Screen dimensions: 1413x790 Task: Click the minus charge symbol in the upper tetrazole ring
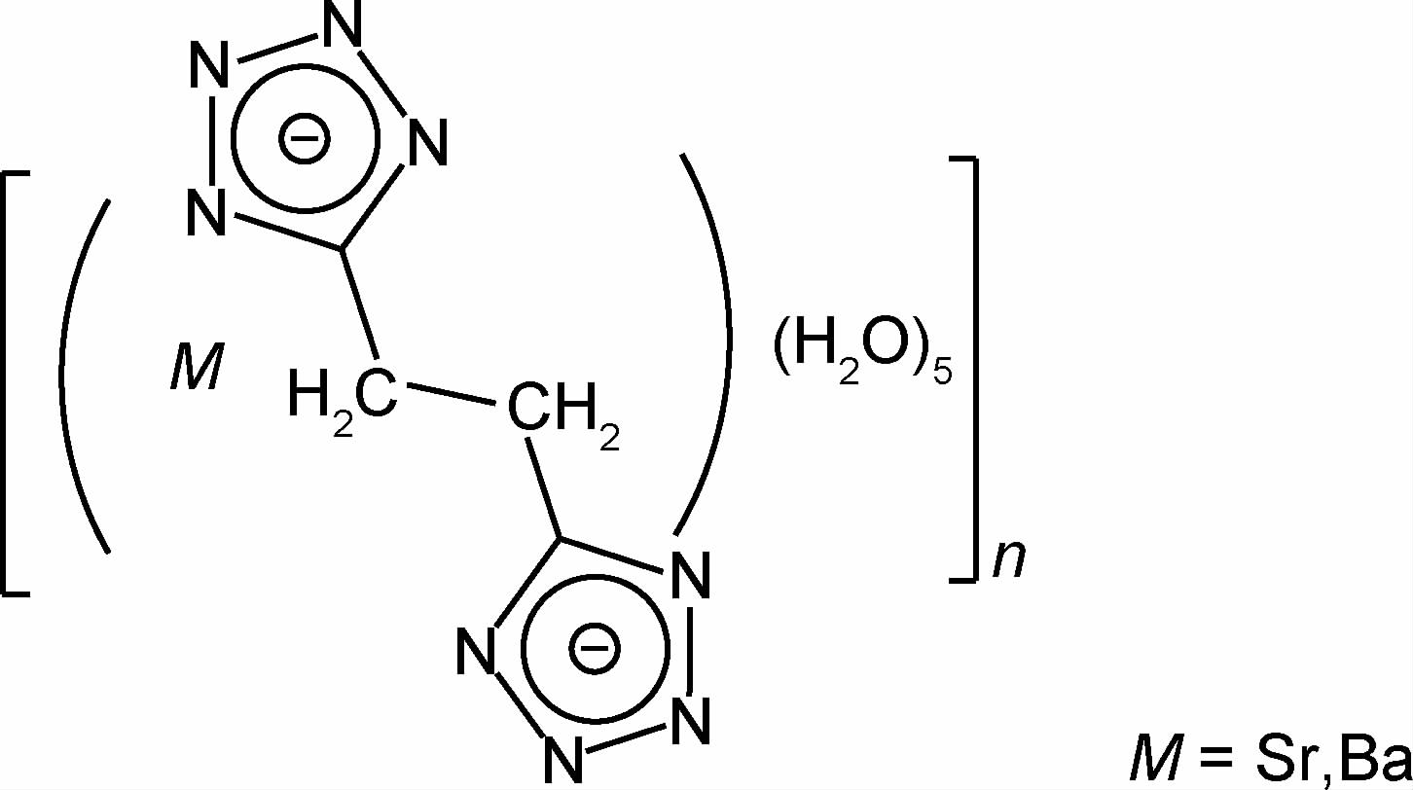click(x=305, y=139)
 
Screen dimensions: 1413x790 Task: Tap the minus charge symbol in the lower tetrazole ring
click(x=594, y=647)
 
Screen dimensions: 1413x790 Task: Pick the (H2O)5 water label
click(x=856, y=360)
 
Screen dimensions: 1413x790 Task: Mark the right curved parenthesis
click(x=720, y=341)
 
